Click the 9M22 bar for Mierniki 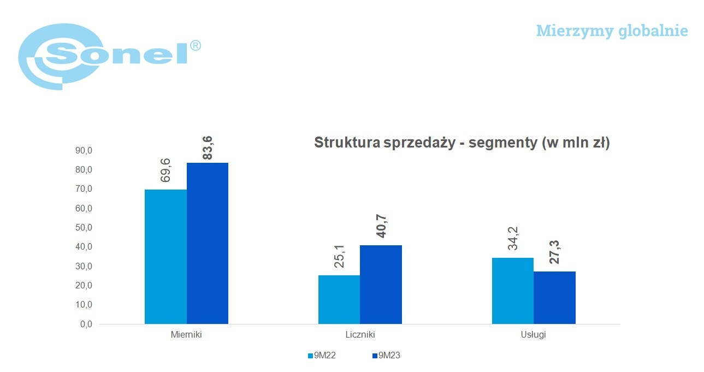point(165,257)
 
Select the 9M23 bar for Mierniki point(208,244)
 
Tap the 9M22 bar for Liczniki point(339,300)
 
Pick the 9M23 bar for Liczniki point(381,285)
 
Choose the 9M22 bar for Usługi point(513,291)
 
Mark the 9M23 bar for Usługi point(555,298)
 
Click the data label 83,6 point(208,148)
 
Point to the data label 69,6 point(165,170)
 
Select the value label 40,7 point(382,226)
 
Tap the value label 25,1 point(339,256)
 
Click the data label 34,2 point(513,238)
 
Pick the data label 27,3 point(555,252)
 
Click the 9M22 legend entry point(322,355)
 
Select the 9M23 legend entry point(386,355)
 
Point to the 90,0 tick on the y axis point(84,151)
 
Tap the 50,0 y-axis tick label point(84,228)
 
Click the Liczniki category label point(360,334)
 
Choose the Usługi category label point(534,334)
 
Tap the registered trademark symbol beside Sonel point(196,46)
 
